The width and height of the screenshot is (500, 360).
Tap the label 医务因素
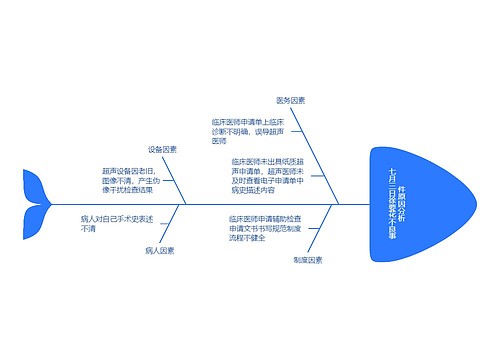[291, 101]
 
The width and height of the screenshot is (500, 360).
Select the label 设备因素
[162, 149]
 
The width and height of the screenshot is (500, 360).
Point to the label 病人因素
[159, 250]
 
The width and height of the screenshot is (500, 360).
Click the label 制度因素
[308, 259]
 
